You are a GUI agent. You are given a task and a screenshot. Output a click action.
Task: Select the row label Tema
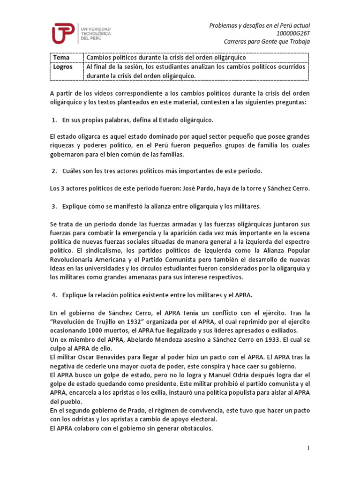61,57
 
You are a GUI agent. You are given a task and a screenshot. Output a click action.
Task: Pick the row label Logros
63,67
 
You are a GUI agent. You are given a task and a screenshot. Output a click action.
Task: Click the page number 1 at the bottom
309,449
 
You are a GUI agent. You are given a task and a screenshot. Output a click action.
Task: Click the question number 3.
54,206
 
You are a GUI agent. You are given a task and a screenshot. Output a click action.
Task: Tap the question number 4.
54,295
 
